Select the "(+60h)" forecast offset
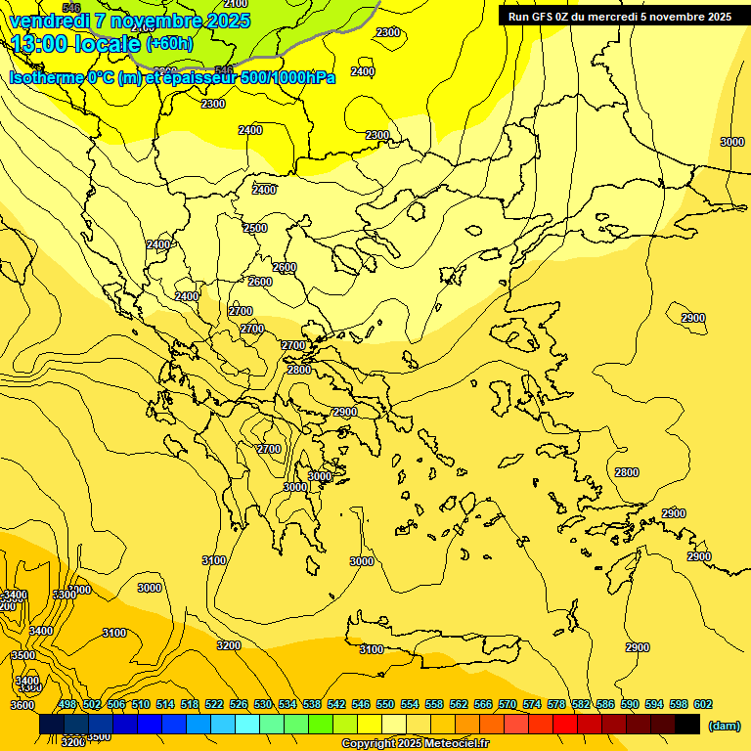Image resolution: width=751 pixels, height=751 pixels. tap(169, 44)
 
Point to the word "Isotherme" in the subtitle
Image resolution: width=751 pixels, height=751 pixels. tap(47, 77)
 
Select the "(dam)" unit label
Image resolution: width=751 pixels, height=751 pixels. tap(724, 726)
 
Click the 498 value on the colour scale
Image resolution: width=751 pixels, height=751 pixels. tap(67, 704)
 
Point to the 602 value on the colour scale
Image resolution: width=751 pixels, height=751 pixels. tap(703, 704)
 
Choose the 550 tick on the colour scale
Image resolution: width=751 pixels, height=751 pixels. tap(385, 704)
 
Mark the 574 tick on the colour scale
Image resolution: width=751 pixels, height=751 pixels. tap(532, 704)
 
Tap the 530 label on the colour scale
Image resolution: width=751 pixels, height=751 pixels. tap(263, 704)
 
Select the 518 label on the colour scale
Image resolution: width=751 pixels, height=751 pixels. tap(190, 704)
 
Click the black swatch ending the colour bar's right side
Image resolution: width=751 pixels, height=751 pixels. tap(687, 724)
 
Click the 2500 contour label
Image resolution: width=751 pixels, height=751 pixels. tap(254, 228)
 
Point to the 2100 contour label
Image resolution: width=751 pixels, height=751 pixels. tap(236, 4)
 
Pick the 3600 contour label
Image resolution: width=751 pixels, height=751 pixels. tap(22, 705)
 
